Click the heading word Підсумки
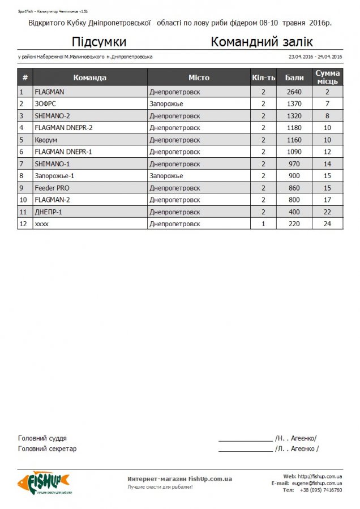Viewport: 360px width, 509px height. [99, 42]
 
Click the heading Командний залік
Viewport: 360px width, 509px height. [262, 42]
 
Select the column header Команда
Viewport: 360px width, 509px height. [90, 77]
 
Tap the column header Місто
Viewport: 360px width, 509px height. [199, 77]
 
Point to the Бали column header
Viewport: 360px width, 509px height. [294, 77]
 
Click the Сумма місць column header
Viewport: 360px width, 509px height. [327, 77]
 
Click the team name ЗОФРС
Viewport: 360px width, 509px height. [45, 103]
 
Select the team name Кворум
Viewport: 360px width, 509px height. [46, 140]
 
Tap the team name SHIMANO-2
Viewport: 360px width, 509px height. [53, 116]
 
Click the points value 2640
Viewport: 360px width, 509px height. [294, 92]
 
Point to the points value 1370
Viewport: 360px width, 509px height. [294, 103]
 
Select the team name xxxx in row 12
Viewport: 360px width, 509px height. [42, 224]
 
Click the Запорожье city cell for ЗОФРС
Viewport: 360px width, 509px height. [166, 103]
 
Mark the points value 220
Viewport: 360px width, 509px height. [294, 224]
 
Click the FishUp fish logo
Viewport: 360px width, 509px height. [43, 482]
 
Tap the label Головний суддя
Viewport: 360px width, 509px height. [42, 438]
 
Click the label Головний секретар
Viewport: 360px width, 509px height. [48, 448]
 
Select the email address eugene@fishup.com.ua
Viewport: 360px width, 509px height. [316, 484]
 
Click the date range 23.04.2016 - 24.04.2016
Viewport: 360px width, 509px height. [315, 57]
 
